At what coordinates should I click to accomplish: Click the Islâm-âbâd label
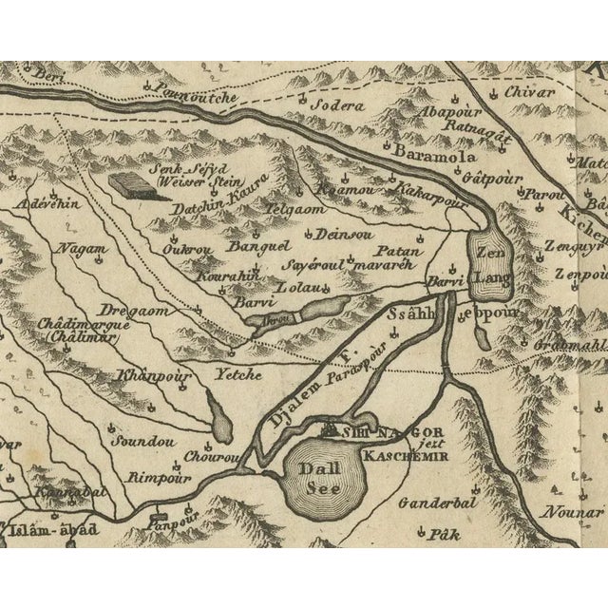pyautogui.click(x=54, y=528)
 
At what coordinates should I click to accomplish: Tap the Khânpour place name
pyautogui.click(x=154, y=376)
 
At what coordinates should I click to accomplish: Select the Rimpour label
pyautogui.click(x=154, y=476)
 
